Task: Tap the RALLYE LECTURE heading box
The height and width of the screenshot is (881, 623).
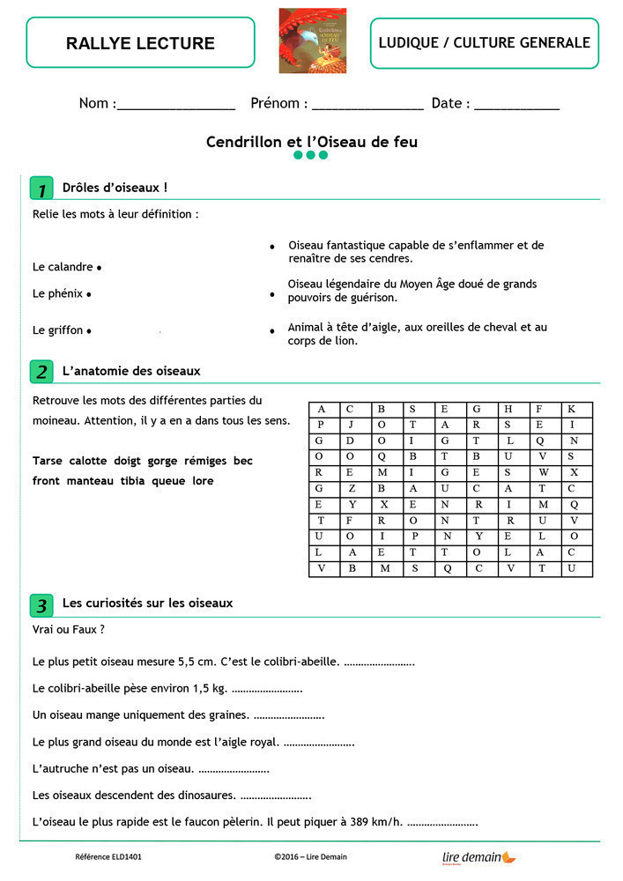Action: tap(140, 42)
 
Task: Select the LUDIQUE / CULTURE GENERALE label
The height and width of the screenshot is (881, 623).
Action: tap(484, 42)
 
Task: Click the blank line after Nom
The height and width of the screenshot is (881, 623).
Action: tap(176, 106)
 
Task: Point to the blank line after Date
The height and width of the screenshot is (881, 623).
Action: tap(516, 106)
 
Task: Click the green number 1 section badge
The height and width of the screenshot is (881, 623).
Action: tap(41, 189)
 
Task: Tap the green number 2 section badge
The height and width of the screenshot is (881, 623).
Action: tap(41, 372)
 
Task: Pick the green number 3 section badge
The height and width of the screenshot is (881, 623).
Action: tap(41, 605)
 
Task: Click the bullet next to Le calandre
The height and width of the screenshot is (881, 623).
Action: tap(99, 267)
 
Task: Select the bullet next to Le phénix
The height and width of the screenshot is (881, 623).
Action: tap(90, 294)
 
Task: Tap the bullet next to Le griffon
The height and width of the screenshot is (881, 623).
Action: tap(90, 331)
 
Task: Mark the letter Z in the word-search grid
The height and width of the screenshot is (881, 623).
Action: tap(352, 488)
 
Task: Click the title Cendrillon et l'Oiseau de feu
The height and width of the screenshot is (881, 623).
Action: tap(311, 141)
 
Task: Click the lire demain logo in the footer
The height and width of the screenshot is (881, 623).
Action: tap(478, 856)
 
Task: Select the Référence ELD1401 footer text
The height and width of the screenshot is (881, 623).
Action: tap(108, 856)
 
